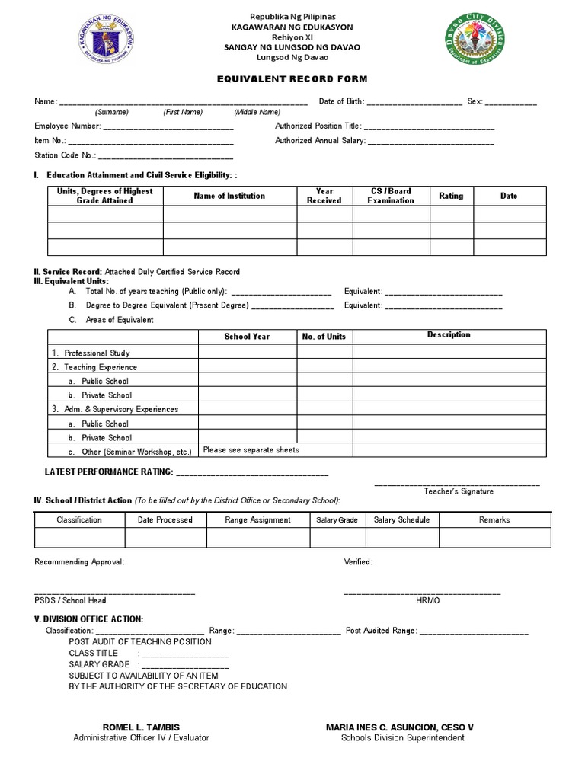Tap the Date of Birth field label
coord(341,101)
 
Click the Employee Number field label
coord(67,126)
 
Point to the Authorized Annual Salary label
coord(320,141)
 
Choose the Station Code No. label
coord(65,155)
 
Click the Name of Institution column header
coord(229,196)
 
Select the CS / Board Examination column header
coord(391,196)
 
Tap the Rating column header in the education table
coord(451,196)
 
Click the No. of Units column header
coord(324,337)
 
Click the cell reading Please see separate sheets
coord(251,450)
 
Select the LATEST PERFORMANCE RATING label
coord(109,472)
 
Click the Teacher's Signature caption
coord(459,491)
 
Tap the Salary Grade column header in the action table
coord(337,520)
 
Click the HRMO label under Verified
coord(427,601)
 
